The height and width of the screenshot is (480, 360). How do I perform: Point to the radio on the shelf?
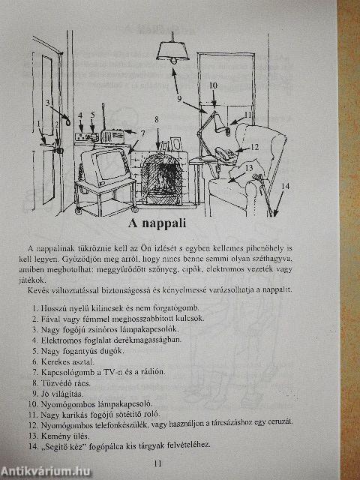coord(111,138)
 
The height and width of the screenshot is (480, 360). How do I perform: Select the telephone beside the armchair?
coord(224,154)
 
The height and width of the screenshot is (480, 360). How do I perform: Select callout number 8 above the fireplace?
coord(157,119)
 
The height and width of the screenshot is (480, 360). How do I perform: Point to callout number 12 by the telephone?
coord(255,147)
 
